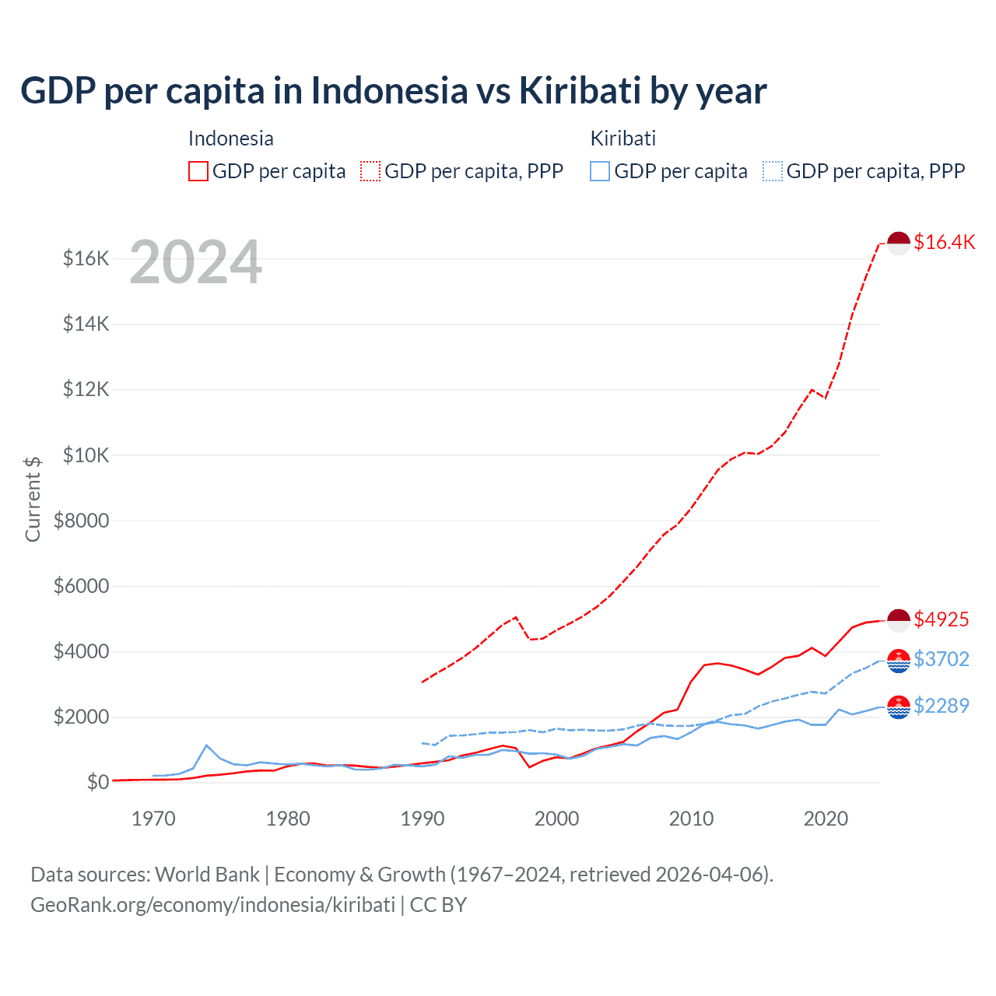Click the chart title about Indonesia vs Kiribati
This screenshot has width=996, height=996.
[393, 91]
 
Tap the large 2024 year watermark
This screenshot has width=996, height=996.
[195, 262]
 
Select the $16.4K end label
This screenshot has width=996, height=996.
[944, 242]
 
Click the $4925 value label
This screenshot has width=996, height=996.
[941, 619]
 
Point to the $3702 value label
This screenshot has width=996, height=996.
[941, 659]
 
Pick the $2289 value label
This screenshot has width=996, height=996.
[941, 706]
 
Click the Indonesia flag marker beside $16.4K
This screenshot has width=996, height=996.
[899, 243]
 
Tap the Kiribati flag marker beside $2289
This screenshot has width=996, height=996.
[899, 707]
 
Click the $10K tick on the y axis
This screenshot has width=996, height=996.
[86, 455]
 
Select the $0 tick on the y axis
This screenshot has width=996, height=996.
[97, 782]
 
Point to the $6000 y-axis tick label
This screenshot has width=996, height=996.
[81, 586]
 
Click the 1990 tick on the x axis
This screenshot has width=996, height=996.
[423, 819]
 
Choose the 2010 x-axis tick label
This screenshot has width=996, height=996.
[691, 819]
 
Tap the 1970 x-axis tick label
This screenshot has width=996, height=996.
[153, 819]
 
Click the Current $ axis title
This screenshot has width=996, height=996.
[33, 499]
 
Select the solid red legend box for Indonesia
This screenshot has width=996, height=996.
[198, 171]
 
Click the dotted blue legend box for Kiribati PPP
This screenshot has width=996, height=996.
[773, 171]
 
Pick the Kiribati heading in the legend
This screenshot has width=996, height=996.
[622, 139]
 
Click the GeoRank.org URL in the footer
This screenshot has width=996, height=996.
[212, 905]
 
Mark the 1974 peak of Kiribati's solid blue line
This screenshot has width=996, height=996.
[207, 745]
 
